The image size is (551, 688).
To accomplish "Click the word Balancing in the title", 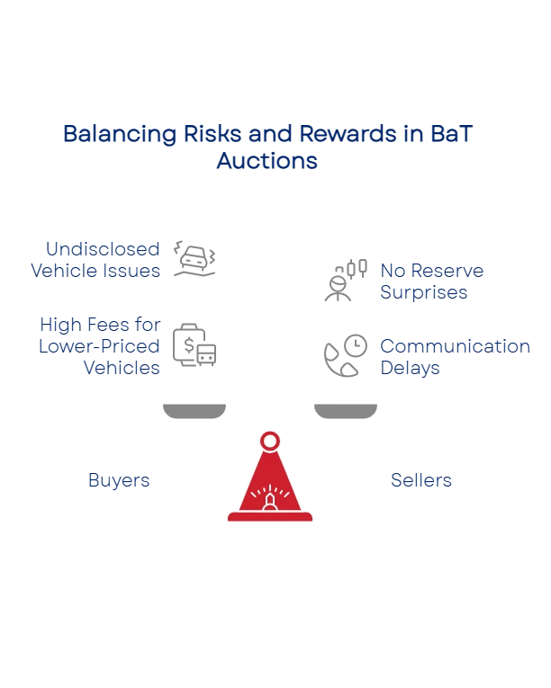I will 106,135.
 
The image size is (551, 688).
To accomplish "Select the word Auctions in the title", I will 266,162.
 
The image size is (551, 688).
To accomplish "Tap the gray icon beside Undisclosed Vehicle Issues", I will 194,259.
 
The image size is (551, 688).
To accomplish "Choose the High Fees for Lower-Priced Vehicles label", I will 100,344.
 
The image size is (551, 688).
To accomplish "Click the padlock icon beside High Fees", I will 194,342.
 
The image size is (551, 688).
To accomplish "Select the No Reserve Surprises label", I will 432,281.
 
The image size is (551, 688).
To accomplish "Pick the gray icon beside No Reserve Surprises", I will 346,281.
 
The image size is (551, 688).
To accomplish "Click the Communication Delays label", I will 455,356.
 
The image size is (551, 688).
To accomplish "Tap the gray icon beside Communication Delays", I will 346,355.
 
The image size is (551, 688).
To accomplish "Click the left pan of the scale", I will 194,410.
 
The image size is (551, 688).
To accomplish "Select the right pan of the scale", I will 346,410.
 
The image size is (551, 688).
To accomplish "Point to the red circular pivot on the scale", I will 269,441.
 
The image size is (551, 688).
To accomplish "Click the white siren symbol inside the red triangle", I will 269,497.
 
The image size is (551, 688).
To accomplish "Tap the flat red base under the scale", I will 269,518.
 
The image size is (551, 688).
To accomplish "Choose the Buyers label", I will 119,481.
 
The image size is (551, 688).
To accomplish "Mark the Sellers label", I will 421,481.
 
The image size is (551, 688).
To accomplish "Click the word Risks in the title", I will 214,135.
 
